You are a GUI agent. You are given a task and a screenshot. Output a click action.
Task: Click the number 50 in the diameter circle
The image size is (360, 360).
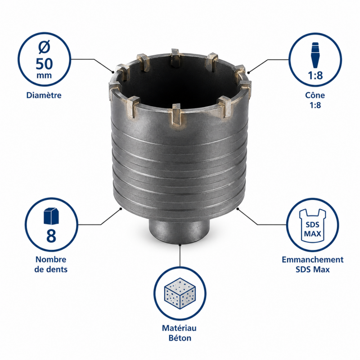pos(44,63)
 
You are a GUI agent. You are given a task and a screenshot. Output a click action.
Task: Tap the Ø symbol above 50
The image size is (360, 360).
pos(44,48)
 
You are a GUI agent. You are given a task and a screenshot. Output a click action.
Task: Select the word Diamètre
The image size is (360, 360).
pos(44,95)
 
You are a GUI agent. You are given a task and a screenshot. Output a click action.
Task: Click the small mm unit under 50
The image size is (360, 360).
pos(44,75)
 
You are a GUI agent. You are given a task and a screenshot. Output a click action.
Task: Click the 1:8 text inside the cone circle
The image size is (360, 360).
pos(315,75)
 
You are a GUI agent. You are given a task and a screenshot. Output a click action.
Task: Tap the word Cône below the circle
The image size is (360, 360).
pos(315,95)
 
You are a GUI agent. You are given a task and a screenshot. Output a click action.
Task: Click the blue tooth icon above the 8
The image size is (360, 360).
pos(51,216)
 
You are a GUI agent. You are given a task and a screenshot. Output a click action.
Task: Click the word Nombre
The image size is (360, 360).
pos(51,260)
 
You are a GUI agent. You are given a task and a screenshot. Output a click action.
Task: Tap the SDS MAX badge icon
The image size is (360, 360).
pos(312,226)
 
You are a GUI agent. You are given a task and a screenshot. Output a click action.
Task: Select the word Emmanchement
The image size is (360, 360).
pos(312,260)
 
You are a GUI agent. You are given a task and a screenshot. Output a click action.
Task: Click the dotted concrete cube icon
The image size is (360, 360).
pos(180,294)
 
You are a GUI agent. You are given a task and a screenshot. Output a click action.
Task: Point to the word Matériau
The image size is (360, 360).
pos(179,328)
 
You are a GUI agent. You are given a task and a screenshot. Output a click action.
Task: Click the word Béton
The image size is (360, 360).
pos(180,338)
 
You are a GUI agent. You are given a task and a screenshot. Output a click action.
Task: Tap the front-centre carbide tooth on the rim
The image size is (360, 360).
pos(177,114)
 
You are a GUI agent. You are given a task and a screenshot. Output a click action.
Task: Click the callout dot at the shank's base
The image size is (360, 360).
pos(180,245)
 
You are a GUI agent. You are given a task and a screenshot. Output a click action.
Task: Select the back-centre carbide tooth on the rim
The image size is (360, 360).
pos(175,58)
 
